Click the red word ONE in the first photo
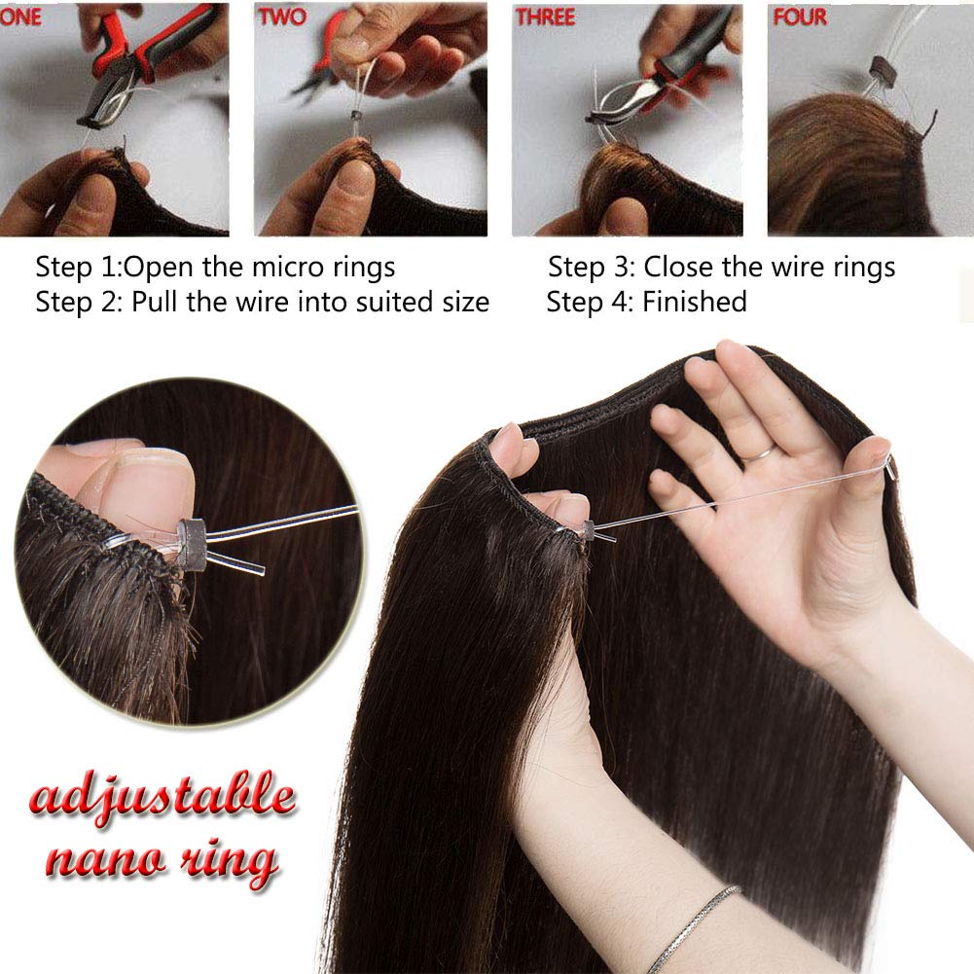tap(19, 17)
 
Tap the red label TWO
tap(282, 17)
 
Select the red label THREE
tap(546, 18)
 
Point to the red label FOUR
tap(800, 17)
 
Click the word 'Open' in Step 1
tap(160, 269)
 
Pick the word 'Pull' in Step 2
tap(156, 302)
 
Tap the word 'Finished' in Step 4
tap(695, 302)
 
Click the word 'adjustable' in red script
tap(162, 796)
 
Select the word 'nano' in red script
tap(106, 859)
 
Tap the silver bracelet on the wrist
tap(694, 928)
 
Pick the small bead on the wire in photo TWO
tap(356, 117)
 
